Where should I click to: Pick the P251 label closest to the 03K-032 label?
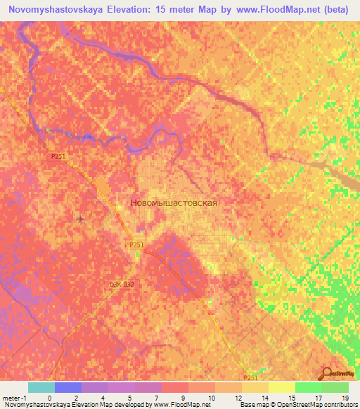137,245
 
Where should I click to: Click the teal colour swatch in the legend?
41,387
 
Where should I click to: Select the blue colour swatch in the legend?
67,387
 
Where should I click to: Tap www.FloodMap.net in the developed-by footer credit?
181,404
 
